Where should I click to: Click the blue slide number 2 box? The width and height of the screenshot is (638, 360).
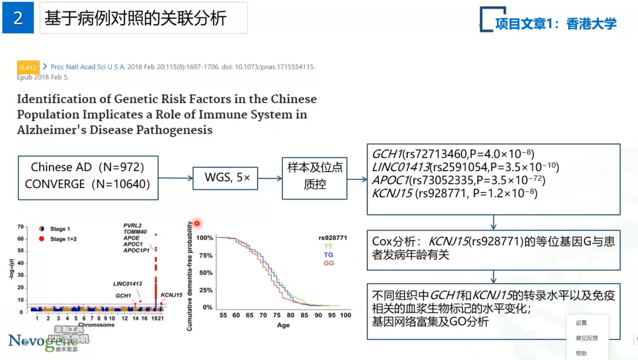(x=18, y=18)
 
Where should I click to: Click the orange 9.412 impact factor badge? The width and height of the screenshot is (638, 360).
(x=28, y=67)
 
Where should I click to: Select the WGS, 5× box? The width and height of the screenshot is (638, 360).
(x=225, y=178)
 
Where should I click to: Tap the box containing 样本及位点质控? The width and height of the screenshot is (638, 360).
(x=314, y=178)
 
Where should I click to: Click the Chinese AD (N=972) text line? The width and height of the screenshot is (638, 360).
(x=88, y=167)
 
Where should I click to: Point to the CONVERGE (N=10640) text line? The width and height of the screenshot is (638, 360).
(x=88, y=184)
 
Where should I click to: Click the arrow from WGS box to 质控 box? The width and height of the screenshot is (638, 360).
(x=270, y=178)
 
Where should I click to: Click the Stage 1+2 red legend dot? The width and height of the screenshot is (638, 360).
(x=41, y=239)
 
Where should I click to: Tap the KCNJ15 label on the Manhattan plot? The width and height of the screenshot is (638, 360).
(x=171, y=295)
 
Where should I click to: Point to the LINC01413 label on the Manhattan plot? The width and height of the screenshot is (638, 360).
(x=127, y=283)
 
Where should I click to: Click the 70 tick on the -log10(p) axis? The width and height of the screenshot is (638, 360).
(x=20, y=227)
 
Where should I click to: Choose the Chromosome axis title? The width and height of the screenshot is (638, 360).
(x=96, y=325)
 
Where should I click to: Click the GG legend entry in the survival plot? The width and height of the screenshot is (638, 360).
(x=329, y=263)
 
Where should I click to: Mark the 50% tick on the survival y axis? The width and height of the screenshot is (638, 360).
(x=205, y=272)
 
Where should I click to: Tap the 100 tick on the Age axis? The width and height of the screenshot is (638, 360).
(x=345, y=315)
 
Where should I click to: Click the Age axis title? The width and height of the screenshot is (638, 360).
(x=283, y=325)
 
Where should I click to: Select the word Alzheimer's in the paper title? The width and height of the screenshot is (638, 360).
(x=52, y=130)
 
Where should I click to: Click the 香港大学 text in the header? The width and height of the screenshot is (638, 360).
(x=591, y=24)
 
